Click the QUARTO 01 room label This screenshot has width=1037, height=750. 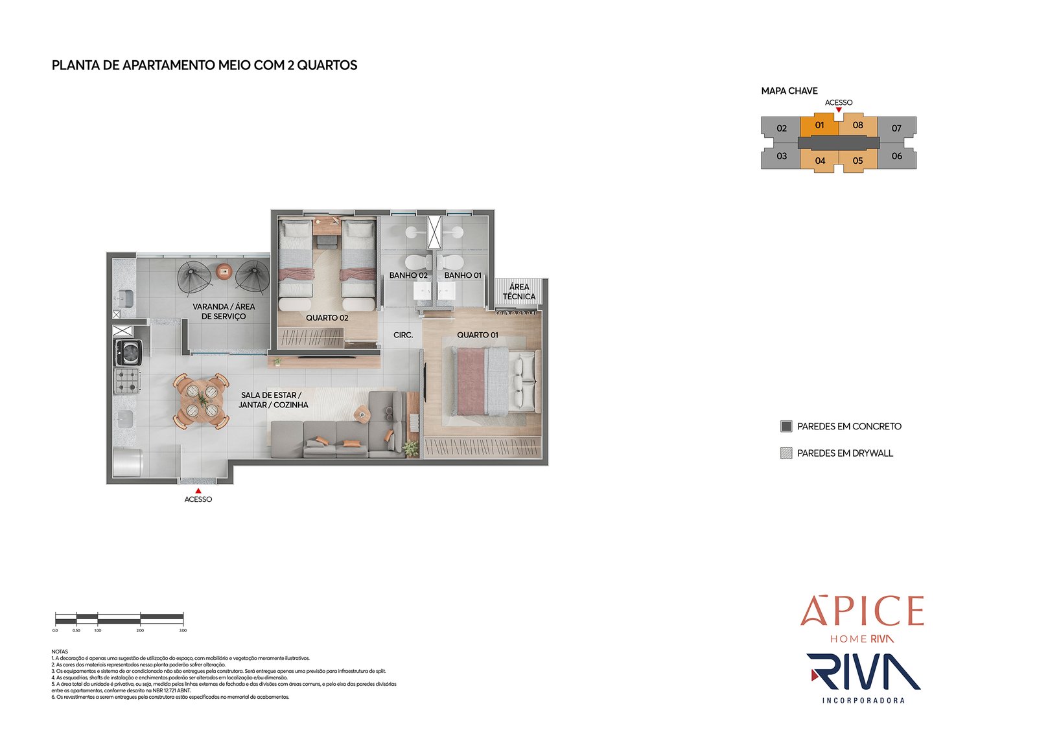pos(477,335)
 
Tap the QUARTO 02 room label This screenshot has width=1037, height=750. pos(327,318)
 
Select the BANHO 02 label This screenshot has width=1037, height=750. pos(408,275)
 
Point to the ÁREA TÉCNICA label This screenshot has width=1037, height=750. pos(518,291)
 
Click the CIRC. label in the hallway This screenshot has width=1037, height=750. pos(403,335)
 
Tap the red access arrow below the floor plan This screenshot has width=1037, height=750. pos(198,491)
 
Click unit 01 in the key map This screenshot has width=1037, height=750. pos(819,125)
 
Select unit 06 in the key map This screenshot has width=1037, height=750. pos(896,156)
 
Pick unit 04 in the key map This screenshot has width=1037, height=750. pos(820,161)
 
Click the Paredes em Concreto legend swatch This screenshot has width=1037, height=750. pos(786,426)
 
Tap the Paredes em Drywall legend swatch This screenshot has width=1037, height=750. pos(786,453)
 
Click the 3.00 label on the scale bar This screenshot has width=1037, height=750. pos(183,630)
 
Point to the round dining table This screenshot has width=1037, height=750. pos(200,400)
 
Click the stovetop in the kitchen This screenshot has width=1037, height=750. pos(128,380)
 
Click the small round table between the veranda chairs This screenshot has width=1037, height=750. pos(224,272)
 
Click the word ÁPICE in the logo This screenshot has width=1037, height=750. pos(861,611)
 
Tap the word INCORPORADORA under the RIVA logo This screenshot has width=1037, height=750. pos(863,700)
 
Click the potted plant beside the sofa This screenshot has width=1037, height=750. pos(410,448)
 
